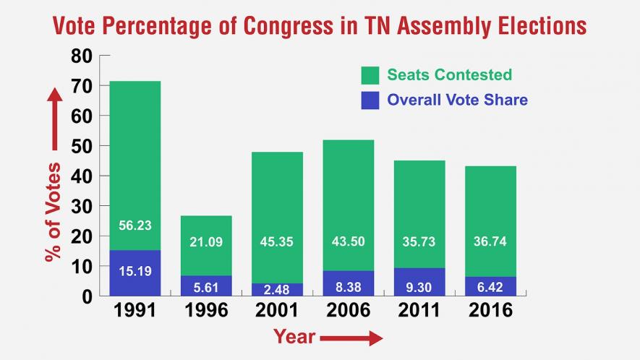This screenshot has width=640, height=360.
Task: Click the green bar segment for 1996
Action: pyautogui.click(x=206, y=245)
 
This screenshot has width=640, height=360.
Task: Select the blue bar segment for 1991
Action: pyautogui.click(x=135, y=273)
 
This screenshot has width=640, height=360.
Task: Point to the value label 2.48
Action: pyautogui.click(x=277, y=289)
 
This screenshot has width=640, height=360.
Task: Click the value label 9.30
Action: pyautogui.click(x=419, y=287)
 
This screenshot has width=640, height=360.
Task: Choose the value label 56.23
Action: pyautogui.click(x=135, y=226)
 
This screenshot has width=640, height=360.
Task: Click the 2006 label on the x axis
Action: pyautogui.click(x=348, y=311)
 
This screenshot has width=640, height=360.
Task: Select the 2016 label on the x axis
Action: pyautogui.click(x=490, y=311)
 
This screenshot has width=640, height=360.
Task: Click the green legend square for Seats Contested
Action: pyautogui.click(x=370, y=75)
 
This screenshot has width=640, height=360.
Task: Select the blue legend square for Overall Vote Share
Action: pyautogui.click(x=370, y=100)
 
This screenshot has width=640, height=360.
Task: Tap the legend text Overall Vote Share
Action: pyautogui.click(x=457, y=100)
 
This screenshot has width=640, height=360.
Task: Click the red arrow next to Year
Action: pyautogui.click(x=351, y=338)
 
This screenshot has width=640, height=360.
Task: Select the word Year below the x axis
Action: pyautogui.click(x=294, y=337)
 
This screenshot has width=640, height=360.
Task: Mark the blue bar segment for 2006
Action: pyautogui.click(x=348, y=283)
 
